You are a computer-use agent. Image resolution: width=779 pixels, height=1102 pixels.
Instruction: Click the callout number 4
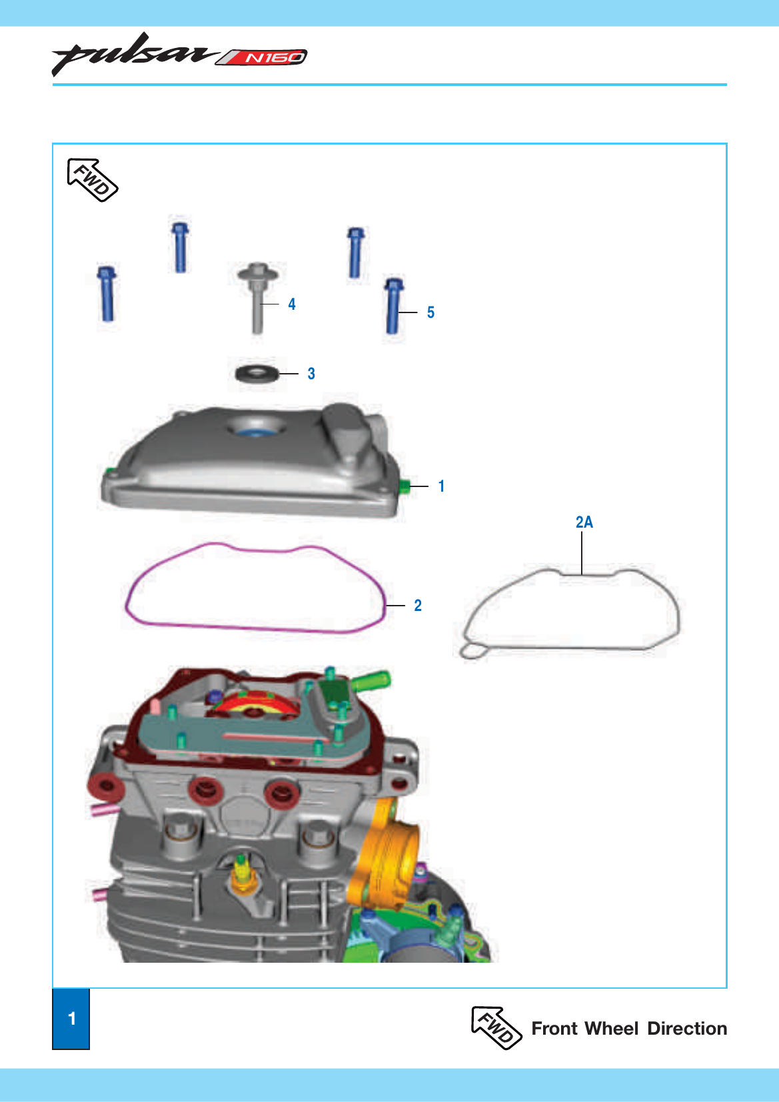[x=292, y=304]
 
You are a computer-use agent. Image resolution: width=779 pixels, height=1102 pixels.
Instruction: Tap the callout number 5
[x=430, y=312]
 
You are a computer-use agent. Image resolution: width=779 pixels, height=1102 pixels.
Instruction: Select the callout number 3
[x=311, y=374]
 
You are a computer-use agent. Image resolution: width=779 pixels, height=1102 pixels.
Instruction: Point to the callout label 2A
[x=584, y=522]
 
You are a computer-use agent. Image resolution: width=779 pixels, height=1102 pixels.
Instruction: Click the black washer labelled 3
[x=257, y=373]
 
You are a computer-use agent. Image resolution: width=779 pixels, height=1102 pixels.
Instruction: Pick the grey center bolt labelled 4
[x=257, y=298]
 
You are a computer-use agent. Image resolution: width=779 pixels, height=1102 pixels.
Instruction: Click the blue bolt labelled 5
[x=393, y=306]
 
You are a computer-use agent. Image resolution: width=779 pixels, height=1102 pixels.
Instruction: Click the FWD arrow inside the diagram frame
[x=92, y=180]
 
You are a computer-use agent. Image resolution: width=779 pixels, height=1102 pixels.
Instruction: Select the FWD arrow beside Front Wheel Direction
[x=496, y=1028]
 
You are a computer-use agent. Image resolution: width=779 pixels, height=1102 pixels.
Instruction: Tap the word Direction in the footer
[x=687, y=1029]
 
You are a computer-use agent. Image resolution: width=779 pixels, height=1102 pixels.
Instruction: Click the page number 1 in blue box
[x=72, y=1018]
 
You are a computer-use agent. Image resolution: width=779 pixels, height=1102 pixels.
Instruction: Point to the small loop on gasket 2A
[x=473, y=651]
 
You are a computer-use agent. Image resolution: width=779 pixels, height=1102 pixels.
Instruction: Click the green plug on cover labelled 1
[x=404, y=486]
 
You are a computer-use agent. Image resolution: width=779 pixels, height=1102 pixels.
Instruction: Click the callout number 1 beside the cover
[x=441, y=486]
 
